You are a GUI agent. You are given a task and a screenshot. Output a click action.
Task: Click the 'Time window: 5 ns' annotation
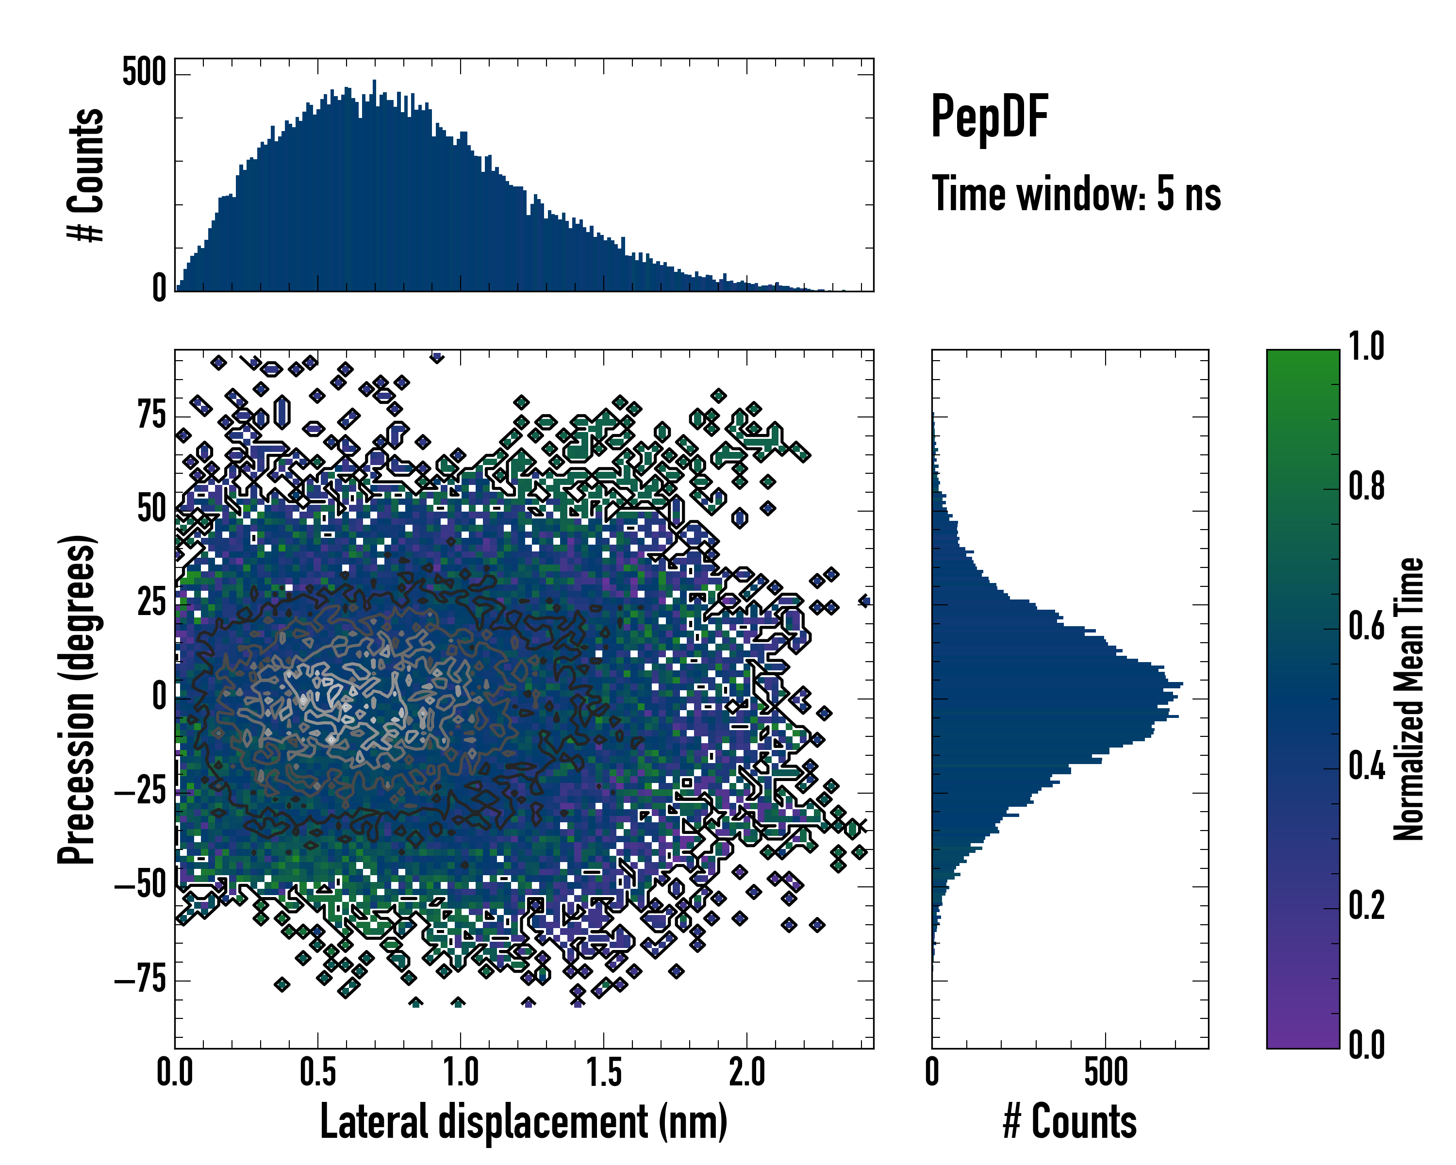click(1076, 194)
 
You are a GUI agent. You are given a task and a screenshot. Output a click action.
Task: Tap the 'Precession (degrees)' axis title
click(76, 699)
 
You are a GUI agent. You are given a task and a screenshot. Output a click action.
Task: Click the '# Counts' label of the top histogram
click(86, 175)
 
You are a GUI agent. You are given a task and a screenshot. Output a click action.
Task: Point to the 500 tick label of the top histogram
click(144, 72)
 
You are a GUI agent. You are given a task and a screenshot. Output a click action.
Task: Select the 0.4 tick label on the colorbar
click(1366, 767)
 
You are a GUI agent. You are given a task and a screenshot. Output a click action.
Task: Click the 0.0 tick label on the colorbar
click(1366, 1045)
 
